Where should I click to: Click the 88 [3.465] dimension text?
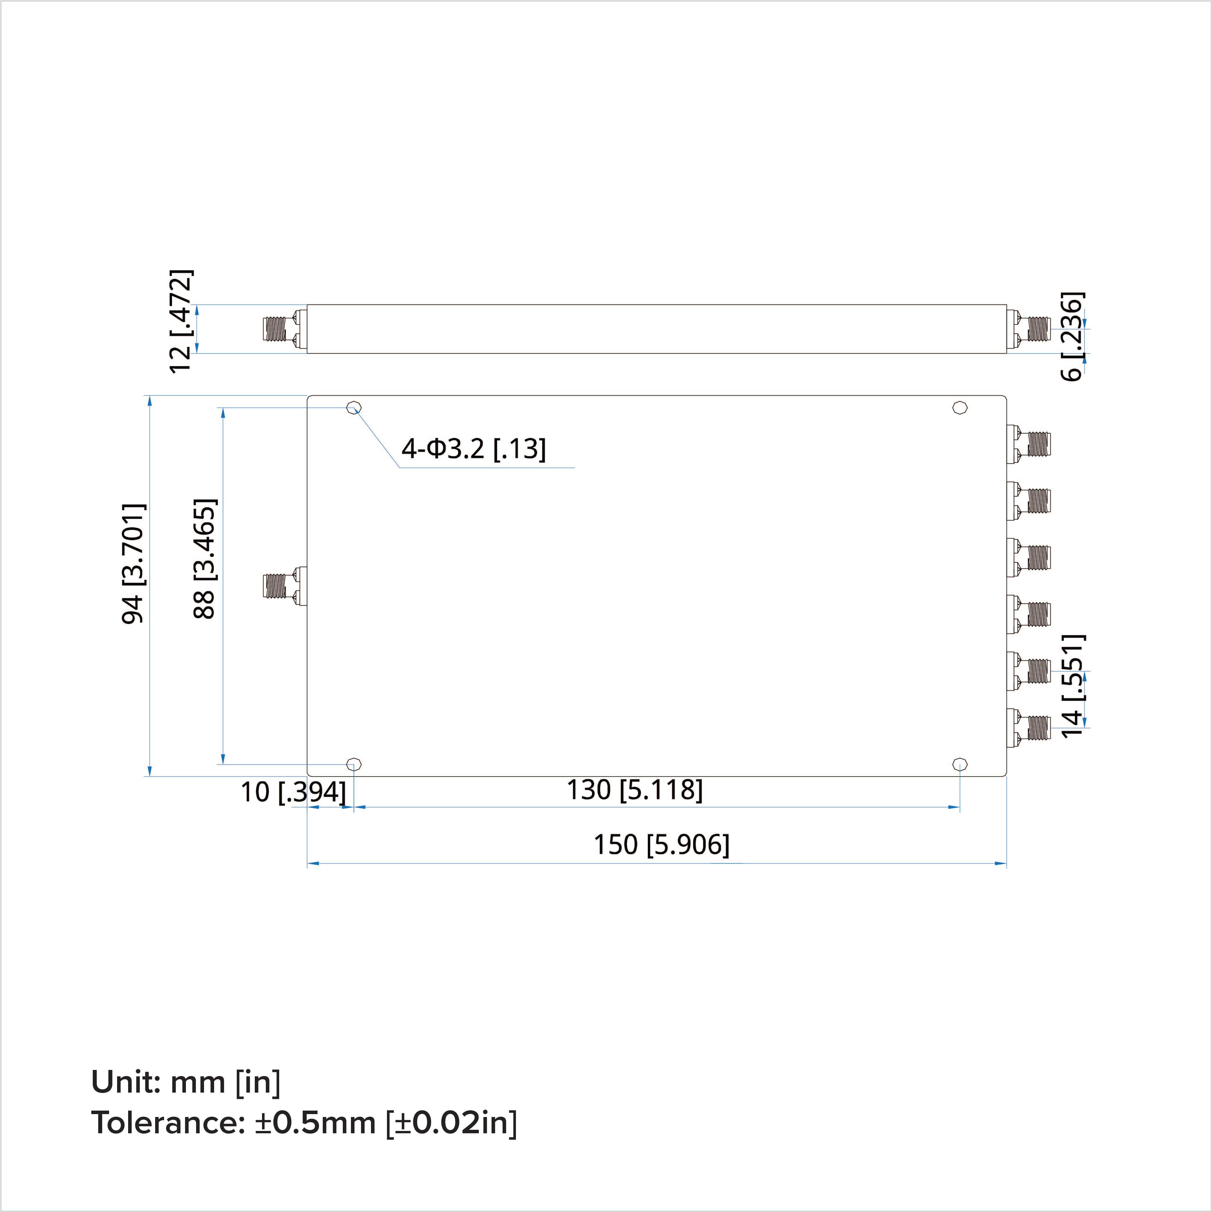pos(205,559)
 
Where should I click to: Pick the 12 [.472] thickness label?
pos(181,321)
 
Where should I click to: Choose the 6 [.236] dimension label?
pos(1071,336)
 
